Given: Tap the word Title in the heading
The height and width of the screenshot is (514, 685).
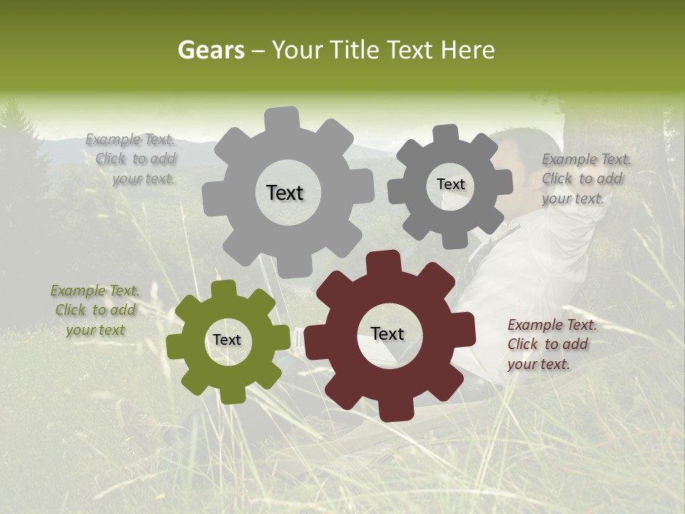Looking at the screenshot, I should click(357, 50).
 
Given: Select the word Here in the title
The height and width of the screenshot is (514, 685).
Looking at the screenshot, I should click(467, 50).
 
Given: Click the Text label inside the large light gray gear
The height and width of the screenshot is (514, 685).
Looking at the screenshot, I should click(285, 193).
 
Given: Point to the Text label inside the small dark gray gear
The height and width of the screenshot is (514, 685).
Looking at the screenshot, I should click(450, 184).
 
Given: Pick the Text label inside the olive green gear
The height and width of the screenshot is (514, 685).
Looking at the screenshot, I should click(227, 341).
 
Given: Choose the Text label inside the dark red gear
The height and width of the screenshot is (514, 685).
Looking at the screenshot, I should click(387, 334).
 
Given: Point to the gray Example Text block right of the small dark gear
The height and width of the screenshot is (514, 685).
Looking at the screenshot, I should click(585, 179).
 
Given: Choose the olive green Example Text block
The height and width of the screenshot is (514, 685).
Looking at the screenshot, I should click(95, 311).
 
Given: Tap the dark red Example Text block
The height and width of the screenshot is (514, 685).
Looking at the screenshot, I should click(551, 345).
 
